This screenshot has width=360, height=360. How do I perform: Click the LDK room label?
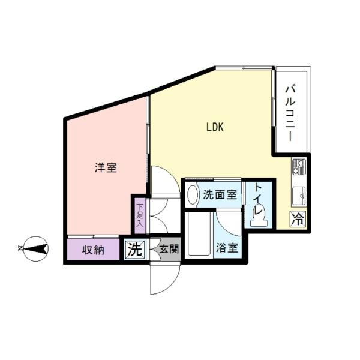coord(215,127)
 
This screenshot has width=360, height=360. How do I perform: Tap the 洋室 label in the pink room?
coord(106,168)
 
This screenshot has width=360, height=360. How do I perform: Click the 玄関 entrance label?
coord(169,248)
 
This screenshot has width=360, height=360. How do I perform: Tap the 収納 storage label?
coord(94,249)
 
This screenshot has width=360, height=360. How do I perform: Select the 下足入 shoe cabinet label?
coord(139,215)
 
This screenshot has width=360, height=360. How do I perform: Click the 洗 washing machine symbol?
coord(135,249)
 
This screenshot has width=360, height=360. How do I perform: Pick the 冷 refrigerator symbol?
coord(298,219)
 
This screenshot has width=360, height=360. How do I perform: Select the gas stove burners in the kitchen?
coord(299,167)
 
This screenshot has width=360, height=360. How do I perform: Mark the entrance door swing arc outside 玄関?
coord(163,279)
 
